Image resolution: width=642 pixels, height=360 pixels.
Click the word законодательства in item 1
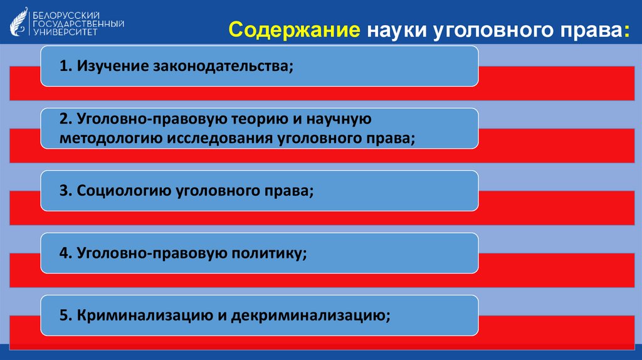pyautogui.click(x=221, y=66)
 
